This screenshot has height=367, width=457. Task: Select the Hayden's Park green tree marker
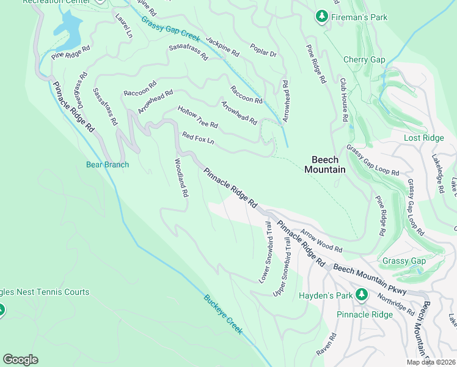click(x=361, y=295)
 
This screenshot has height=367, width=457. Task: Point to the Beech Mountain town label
click(x=325, y=164)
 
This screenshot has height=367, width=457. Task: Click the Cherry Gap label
click(x=364, y=59)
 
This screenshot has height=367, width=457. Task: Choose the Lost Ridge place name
click(x=424, y=138)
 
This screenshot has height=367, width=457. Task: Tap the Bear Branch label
click(x=108, y=165)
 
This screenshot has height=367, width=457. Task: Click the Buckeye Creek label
click(x=223, y=314)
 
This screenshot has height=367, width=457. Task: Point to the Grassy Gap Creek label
click(x=170, y=29)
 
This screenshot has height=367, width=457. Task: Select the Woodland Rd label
click(x=181, y=178)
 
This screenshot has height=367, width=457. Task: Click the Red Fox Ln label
click(x=199, y=138)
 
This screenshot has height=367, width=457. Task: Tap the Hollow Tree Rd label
click(x=197, y=117)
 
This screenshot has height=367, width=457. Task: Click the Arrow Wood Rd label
click(x=321, y=242)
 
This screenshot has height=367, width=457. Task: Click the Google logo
click(x=20, y=360)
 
